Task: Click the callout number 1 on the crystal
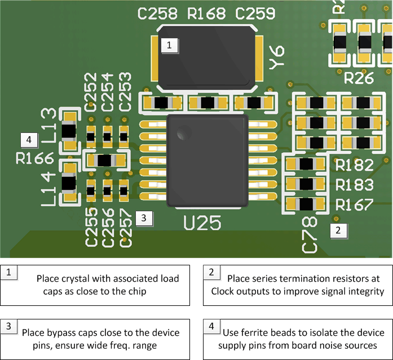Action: pyautogui.click(x=170, y=46)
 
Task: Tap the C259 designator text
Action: pyautogui.click(x=255, y=14)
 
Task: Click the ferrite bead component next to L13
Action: pyautogui.click(x=69, y=131)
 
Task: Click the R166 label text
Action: pyautogui.click(x=34, y=158)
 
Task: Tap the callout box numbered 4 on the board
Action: pyautogui.click(x=29, y=139)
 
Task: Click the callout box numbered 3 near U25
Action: pyautogui.click(x=144, y=217)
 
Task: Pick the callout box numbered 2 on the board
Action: pyautogui.click(x=338, y=230)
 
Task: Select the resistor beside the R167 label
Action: pyautogui.click(x=306, y=205)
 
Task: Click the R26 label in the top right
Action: pyautogui.click(x=358, y=79)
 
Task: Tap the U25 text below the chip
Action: pyautogui.click(x=202, y=224)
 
